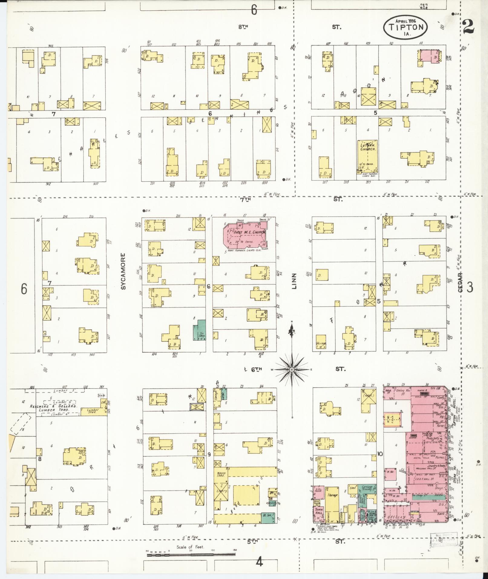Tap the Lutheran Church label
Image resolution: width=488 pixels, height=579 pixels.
(x=368, y=147)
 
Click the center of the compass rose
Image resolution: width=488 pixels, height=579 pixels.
(x=292, y=370)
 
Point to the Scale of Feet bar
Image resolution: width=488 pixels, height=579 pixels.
(x=191, y=554)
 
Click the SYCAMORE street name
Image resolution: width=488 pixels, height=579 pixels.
(x=123, y=271)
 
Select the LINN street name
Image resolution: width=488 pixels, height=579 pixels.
(x=294, y=281)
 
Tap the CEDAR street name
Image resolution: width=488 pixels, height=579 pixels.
(x=460, y=282)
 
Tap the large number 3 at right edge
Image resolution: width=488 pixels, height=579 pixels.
(x=470, y=288)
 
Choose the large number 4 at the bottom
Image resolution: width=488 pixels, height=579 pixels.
(x=259, y=562)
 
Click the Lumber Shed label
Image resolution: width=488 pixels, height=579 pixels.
(x=93, y=411)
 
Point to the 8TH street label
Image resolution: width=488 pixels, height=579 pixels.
(x=243, y=27)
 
